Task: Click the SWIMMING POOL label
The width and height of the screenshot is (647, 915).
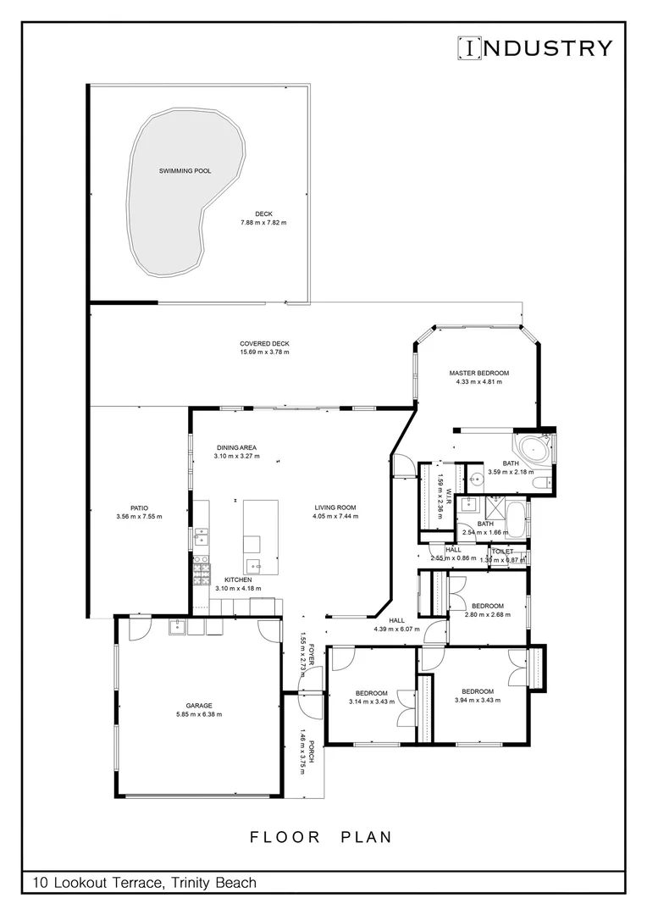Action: point(185,171)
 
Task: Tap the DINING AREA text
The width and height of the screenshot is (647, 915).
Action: point(236,447)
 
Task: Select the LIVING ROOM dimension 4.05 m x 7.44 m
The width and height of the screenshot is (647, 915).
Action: point(334,516)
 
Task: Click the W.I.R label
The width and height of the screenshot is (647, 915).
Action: point(450,500)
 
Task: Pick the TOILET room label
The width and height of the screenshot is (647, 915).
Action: point(502,552)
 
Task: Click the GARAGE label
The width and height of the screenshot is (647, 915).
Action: point(199,705)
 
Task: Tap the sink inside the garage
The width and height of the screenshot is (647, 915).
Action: point(179,627)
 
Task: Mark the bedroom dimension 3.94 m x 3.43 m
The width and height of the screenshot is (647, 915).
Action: point(474,700)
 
